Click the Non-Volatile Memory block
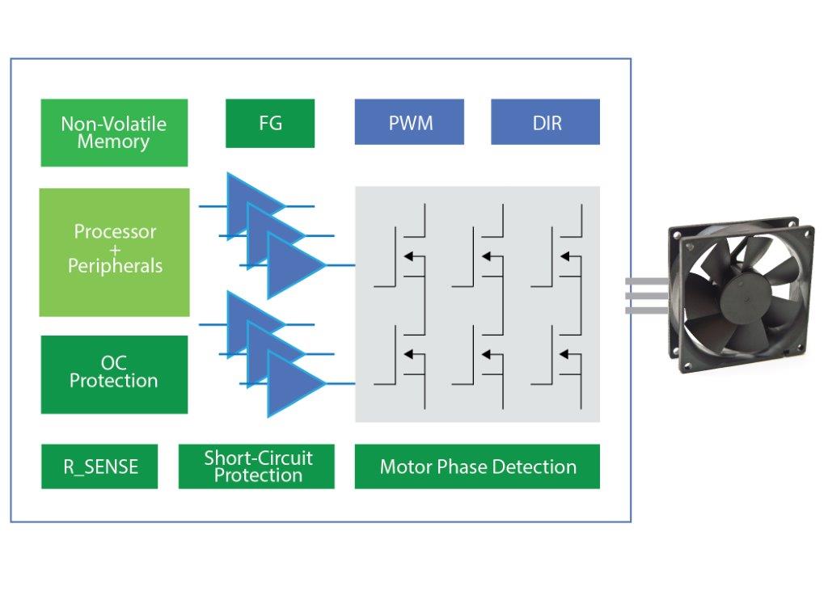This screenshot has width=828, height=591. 114,133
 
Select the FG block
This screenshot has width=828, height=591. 270,124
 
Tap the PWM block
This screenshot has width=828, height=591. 409,122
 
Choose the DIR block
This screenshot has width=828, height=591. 546,122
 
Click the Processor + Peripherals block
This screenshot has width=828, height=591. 114,251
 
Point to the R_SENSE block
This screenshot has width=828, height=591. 99,466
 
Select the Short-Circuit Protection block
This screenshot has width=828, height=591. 256,466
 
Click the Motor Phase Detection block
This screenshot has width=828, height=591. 477,466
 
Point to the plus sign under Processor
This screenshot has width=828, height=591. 115,249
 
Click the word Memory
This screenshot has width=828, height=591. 114,142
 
